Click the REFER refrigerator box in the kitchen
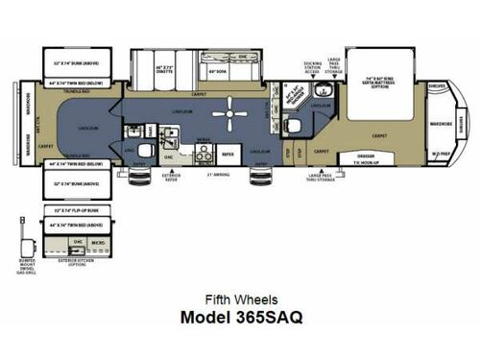pos(228,152)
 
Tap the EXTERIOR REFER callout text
pos(171,178)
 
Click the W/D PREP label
pos(440,153)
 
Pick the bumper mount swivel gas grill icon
pos(21,230)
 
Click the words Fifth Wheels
pos(240,298)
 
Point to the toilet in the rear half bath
pos(145,151)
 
